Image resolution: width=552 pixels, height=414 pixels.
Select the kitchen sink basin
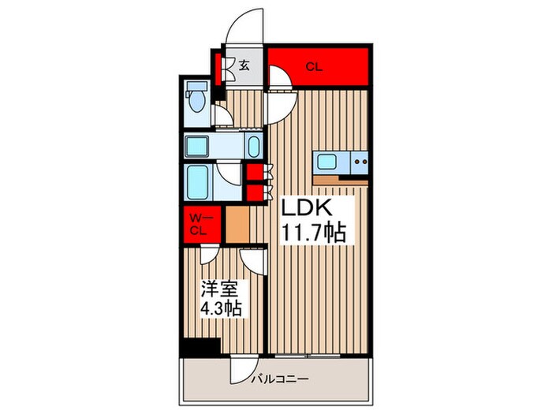point(326,164)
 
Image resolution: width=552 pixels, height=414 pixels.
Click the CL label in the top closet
point(314,68)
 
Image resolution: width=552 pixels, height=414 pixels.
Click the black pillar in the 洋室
point(200,346)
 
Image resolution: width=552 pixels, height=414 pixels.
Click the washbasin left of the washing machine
point(200,146)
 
